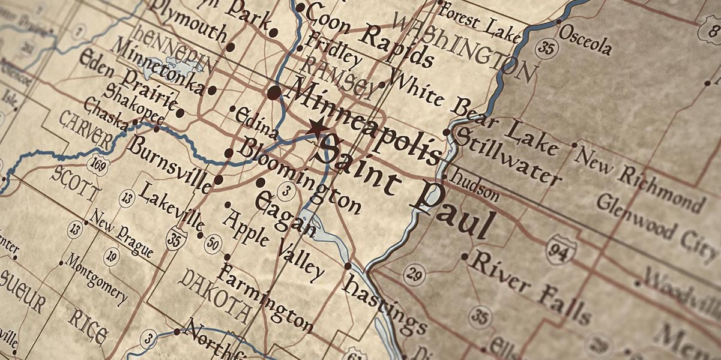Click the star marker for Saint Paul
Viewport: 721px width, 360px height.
pyautogui.click(x=317, y=128)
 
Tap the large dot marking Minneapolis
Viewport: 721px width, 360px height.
pyautogui.click(x=274, y=92)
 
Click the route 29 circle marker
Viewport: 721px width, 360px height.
pyautogui.click(x=413, y=275)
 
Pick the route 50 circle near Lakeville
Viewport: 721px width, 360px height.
pyautogui.click(x=213, y=243)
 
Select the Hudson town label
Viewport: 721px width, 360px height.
pyautogui.click(x=475, y=185)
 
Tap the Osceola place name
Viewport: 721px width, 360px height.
pyautogui.click(x=585, y=40)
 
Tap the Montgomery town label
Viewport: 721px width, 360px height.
pyautogui.click(x=95, y=278)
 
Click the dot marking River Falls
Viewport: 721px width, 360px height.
pyautogui.click(x=464, y=256)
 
